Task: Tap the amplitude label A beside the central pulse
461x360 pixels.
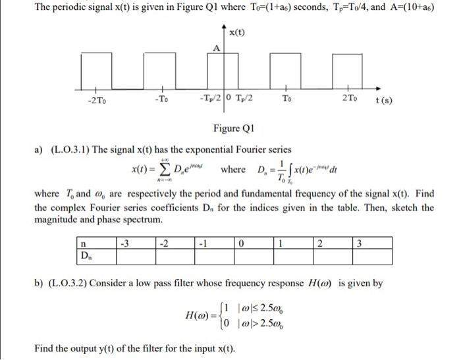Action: pyautogui.click(x=215, y=48)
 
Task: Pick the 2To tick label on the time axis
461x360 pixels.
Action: pyautogui.click(x=350, y=99)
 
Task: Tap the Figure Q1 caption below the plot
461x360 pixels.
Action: pyautogui.click(x=230, y=127)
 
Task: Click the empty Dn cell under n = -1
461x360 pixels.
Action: pyautogui.click(x=215, y=255)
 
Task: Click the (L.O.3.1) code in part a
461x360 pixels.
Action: pyautogui.click(x=68, y=150)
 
